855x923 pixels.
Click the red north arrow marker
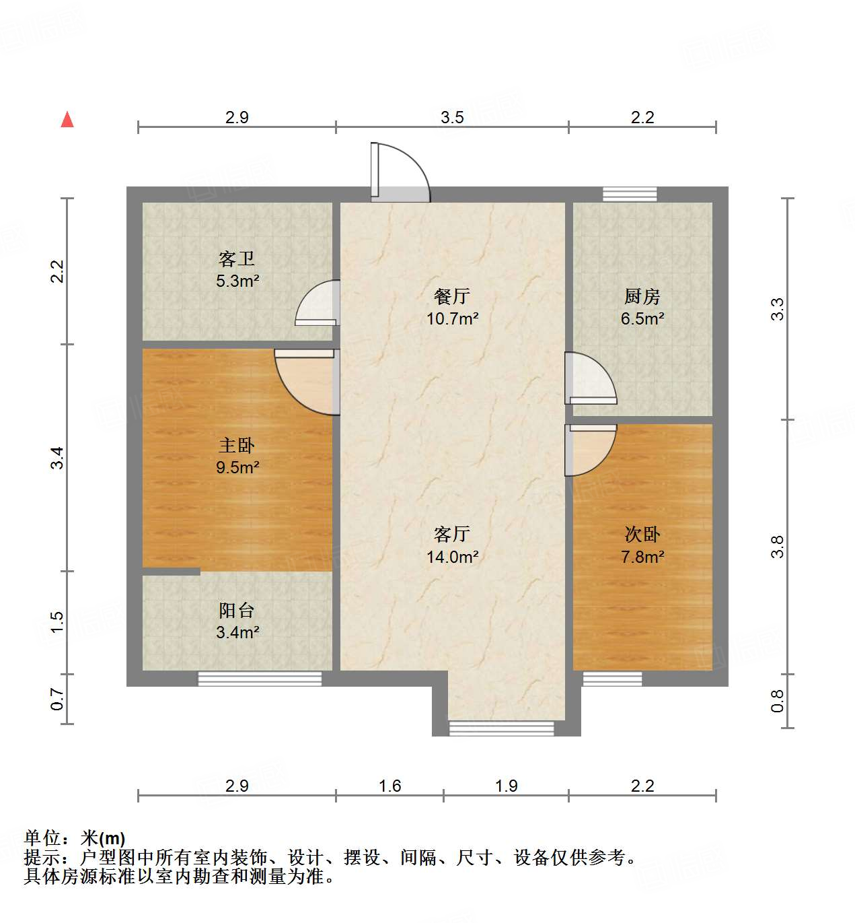(x=67, y=120)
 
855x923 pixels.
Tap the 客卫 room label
(x=237, y=259)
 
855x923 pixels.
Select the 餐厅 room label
(x=452, y=296)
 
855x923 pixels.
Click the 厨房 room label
(x=642, y=296)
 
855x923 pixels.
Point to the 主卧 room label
(x=237, y=445)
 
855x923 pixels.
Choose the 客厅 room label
(x=452, y=535)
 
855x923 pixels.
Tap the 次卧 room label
(x=642, y=535)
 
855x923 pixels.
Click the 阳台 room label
(x=237, y=611)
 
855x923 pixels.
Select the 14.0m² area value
(x=452, y=557)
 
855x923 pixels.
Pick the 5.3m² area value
(x=237, y=281)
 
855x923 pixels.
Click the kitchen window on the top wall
(x=630, y=194)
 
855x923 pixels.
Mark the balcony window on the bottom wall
(x=260, y=679)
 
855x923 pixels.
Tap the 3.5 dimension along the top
(x=452, y=118)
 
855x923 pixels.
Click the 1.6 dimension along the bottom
(x=389, y=786)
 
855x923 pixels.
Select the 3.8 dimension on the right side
(x=778, y=546)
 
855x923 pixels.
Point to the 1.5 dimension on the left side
(x=58, y=621)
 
